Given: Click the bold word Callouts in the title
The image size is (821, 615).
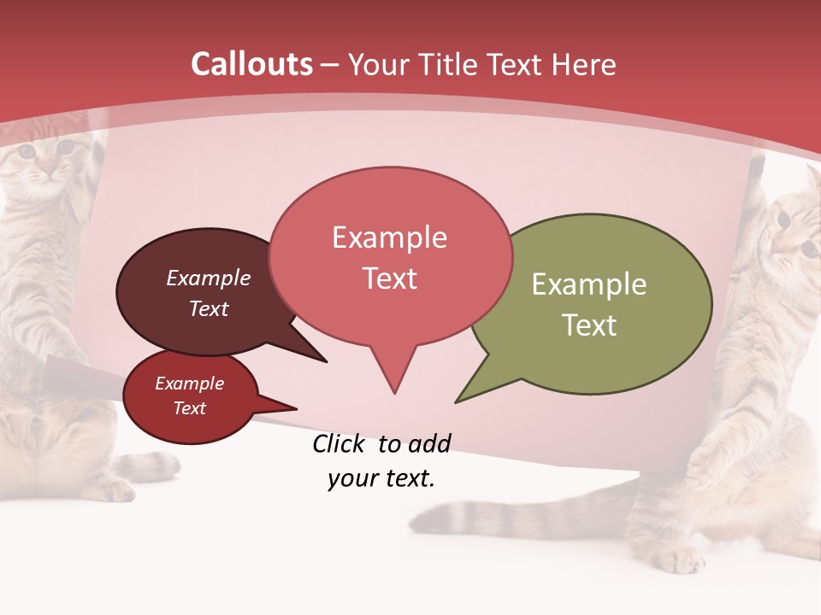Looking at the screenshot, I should point(252,64).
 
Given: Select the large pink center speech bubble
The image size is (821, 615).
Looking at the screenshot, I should point(390,256).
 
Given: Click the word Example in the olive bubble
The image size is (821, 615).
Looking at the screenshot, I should point(589,284).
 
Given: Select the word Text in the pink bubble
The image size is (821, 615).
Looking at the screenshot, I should point(390,278).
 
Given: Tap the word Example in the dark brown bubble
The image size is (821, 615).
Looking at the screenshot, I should point(209,278).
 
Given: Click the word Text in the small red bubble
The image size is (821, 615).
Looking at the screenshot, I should point(190,408).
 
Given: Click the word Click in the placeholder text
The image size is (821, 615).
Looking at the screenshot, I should point(340,443).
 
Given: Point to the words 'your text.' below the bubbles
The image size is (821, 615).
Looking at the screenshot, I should point(381,478).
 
